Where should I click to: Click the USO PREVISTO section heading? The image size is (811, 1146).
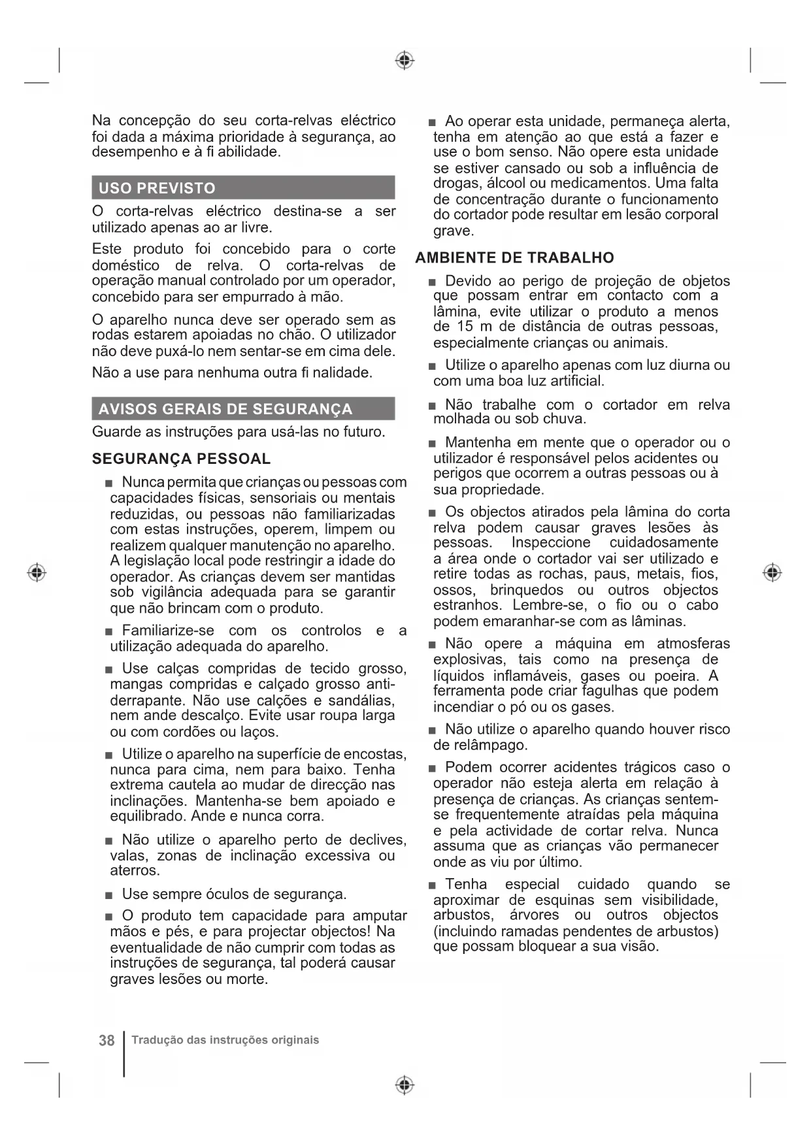point(157,188)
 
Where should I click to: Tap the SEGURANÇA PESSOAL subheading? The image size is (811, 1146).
point(181,459)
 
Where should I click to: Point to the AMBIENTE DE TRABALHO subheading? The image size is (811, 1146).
point(514,257)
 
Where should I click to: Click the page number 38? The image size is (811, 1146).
point(107,1040)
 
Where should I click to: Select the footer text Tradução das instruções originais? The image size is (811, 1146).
point(225,1040)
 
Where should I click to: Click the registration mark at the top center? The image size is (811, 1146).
point(405,61)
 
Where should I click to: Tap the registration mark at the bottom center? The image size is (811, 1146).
point(405,1085)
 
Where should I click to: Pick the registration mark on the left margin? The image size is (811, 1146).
point(37,572)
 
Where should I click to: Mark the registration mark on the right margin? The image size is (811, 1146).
point(772,572)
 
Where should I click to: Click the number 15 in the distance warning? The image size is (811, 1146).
point(465,326)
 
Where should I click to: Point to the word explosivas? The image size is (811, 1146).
point(469,659)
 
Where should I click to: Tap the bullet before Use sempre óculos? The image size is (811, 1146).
point(108,894)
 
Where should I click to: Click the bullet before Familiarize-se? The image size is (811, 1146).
point(108,631)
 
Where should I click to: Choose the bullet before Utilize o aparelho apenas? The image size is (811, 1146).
point(432,366)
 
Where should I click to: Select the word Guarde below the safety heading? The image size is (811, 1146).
point(116,432)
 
